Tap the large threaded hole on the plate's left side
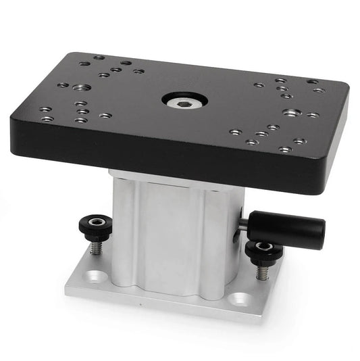tap(80, 87)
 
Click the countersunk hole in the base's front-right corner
tap(237, 297)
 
